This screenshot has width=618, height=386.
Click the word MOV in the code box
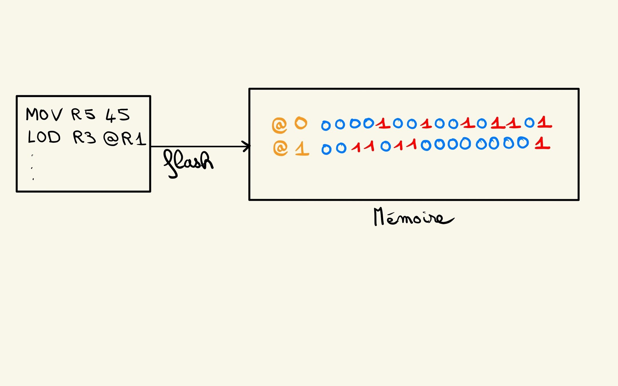click(x=44, y=114)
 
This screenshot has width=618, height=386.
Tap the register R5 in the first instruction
click(x=83, y=114)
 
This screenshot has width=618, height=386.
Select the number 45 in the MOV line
click(x=118, y=115)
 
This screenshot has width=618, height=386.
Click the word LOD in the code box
click(x=44, y=137)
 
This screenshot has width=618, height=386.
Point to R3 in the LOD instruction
click(x=84, y=138)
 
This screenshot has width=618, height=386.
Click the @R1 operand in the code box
click(x=125, y=139)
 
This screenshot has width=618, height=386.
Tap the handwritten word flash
click(x=188, y=163)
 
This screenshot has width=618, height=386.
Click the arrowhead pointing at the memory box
click(x=246, y=146)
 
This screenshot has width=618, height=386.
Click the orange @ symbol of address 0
click(x=279, y=125)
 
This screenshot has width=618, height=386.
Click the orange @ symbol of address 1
click(x=280, y=148)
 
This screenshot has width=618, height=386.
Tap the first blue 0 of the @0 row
click(x=326, y=126)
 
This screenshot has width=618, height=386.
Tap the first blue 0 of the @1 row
click(x=326, y=149)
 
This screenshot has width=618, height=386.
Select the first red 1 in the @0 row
click(x=383, y=123)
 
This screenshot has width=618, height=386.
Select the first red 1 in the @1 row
click(x=356, y=147)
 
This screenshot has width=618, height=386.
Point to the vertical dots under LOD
click(x=32, y=168)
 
